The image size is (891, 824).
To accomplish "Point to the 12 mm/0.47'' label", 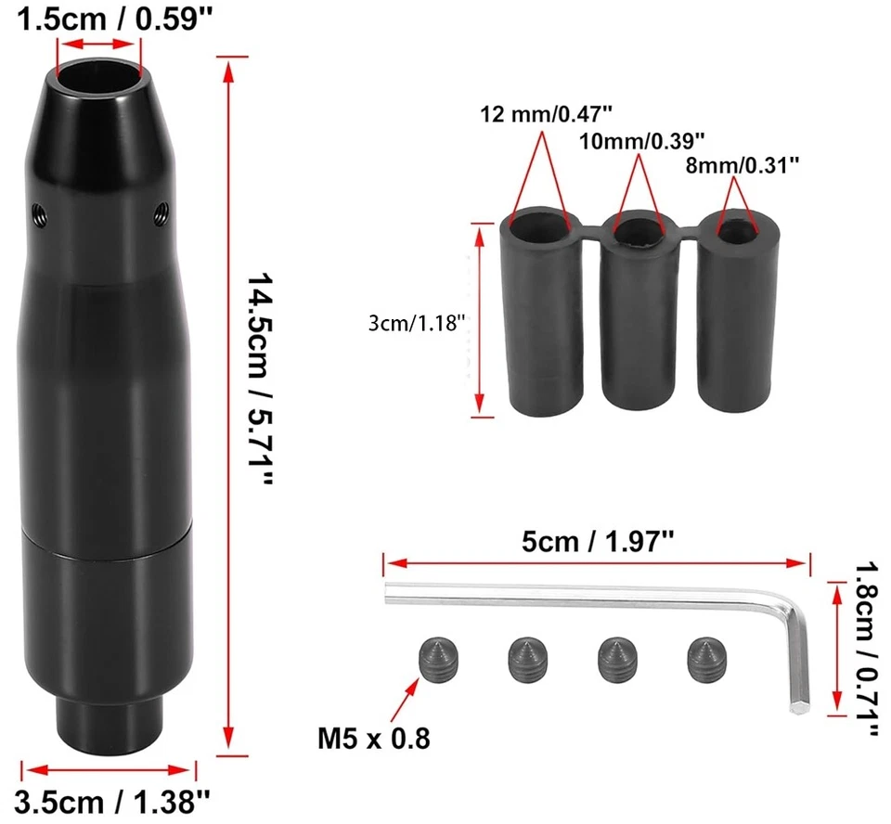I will point(548,115).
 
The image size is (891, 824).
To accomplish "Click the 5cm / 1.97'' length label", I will point(598,540).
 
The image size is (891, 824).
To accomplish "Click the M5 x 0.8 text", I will point(374,740).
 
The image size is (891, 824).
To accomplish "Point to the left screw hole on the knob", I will point(37,211).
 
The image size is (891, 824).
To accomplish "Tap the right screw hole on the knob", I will point(161,214).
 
